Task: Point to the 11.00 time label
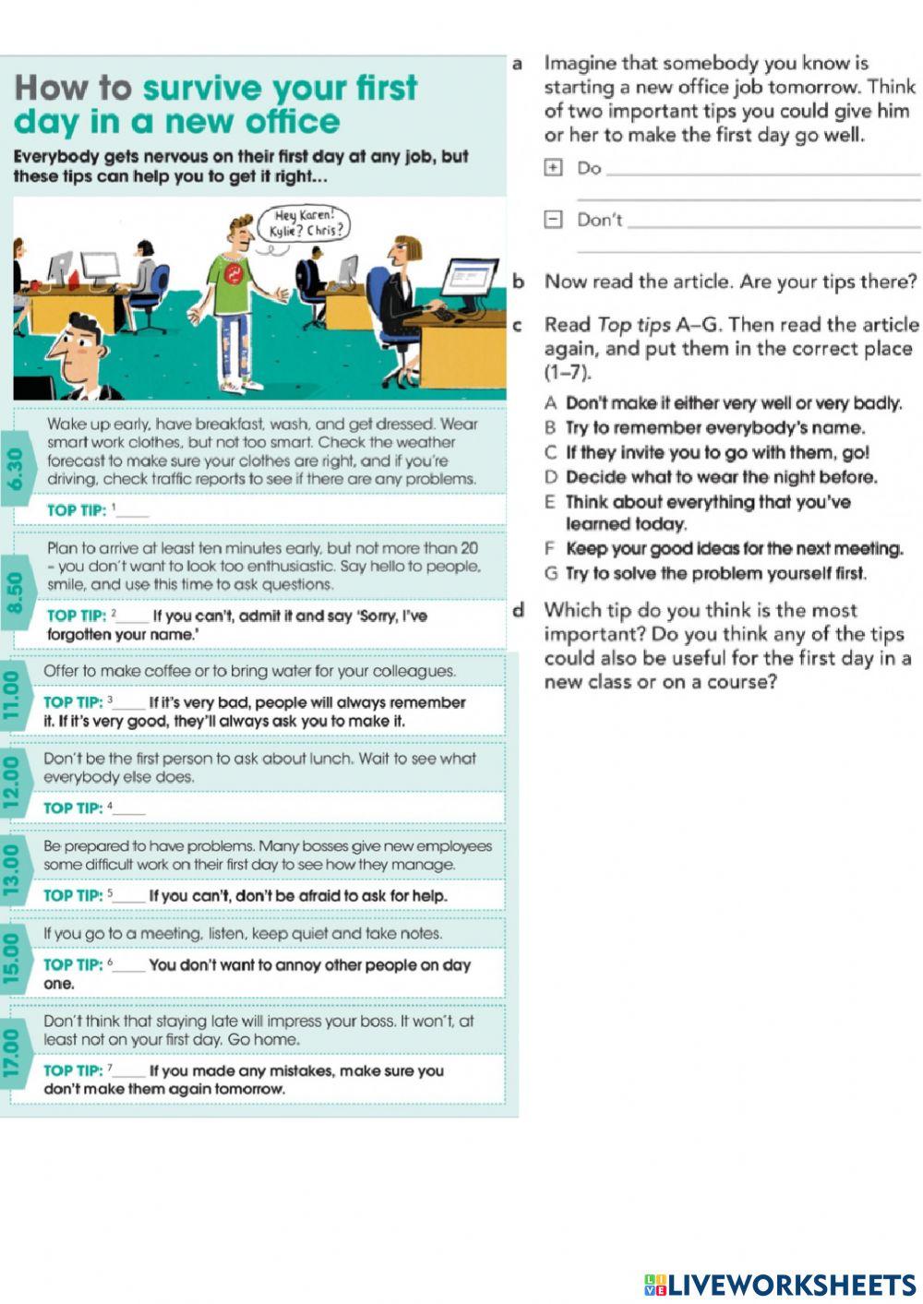click(x=12, y=695)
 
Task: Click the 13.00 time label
click(x=12, y=868)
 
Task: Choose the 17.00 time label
click(x=12, y=1053)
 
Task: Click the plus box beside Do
click(x=553, y=168)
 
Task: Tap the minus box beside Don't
click(x=553, y=220)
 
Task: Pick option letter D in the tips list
click(x=550, y=477)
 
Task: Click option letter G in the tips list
click(x=550, y=573)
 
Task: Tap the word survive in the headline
click(x=200, y=88)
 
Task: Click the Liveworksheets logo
click(x=780, y=1285)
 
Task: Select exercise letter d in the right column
click(x=519, y=610)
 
